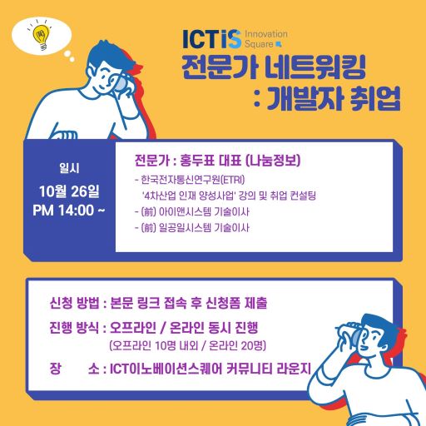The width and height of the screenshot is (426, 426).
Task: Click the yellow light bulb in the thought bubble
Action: (42, 36)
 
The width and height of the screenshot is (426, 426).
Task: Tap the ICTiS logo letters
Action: (211, 39)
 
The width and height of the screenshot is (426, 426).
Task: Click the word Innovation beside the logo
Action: (265, 34)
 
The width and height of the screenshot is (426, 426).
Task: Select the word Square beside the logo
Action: (259, 44)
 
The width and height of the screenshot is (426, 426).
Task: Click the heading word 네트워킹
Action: (315, 67)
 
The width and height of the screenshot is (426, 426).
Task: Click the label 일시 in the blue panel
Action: (69, 168)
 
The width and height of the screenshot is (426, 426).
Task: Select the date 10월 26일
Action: (69, 191)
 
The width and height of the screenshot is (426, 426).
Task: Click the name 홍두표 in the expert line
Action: (197, 161)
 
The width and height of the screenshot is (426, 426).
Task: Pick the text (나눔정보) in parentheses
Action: (273, 161)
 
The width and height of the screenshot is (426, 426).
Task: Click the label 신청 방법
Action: (74, 303)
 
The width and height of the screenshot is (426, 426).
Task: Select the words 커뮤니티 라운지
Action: (269, 369)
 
